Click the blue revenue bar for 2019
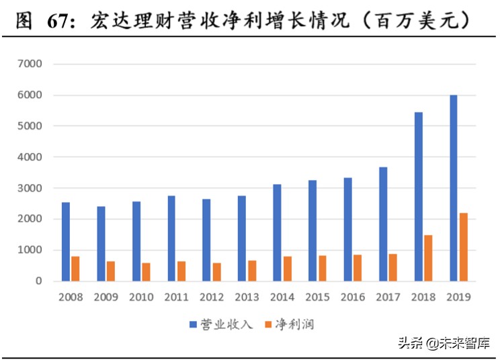tap(454, 188)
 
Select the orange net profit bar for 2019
tap(464, 246)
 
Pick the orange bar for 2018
tap(428, 258)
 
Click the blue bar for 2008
tap(66, 241)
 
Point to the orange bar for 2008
tap(75, 269)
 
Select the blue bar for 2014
tap(277, 232)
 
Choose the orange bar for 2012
tap(216, 272)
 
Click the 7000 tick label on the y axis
tap(31, 64)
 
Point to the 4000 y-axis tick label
tap(31, 157)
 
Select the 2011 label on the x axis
tap(176, 297)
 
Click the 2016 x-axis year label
tap(352, 297)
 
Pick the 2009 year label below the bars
tap(106, 297)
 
